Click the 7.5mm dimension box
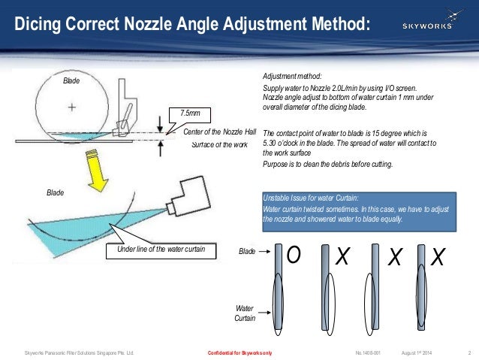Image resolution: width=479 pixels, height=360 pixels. [191, 113]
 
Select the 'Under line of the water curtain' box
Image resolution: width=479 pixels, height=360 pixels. [160, 250]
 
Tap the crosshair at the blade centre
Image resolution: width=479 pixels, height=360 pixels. [72, 107]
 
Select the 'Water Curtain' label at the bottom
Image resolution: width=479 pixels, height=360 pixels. [245, 313]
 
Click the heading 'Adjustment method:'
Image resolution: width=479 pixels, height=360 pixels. [291, 77]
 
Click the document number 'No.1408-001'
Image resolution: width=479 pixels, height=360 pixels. [369, 352]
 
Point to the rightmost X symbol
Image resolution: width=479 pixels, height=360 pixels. [439, 258]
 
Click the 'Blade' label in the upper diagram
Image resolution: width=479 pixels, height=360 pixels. [71, 79]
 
